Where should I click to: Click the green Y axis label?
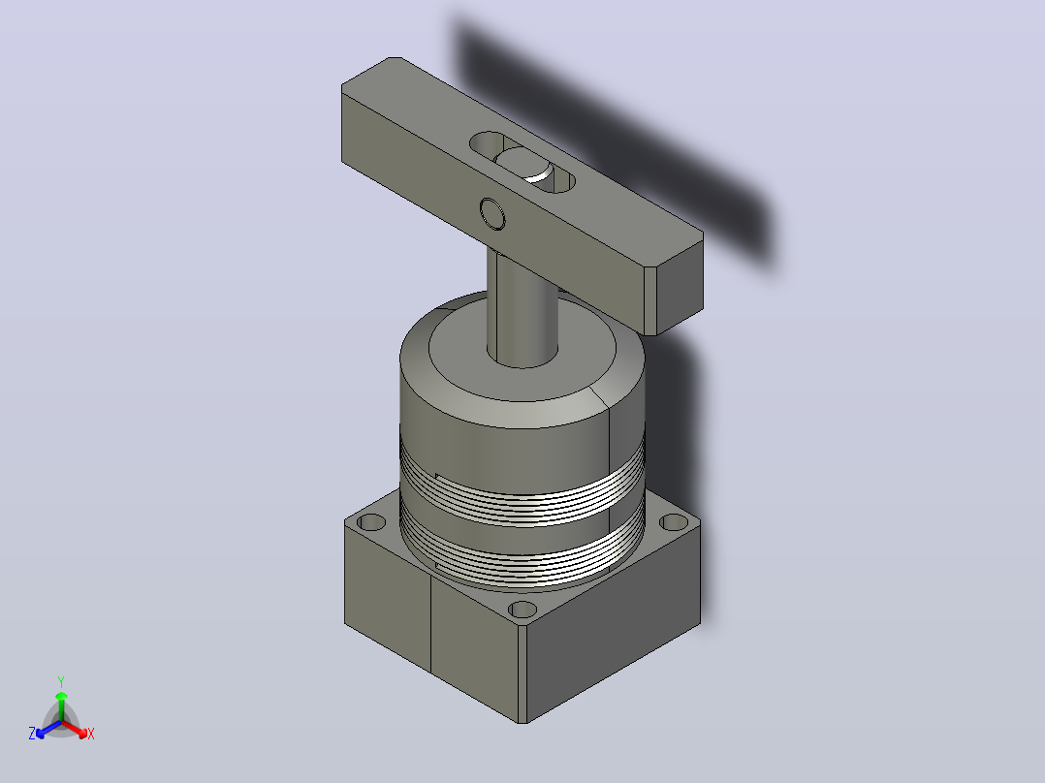pos(61,681)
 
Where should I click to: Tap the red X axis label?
pos(91,734)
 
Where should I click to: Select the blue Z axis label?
pos(32,733)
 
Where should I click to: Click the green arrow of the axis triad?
pos(61,705)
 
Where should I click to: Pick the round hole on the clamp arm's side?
pos(492,214)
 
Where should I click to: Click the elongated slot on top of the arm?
pos(522,162)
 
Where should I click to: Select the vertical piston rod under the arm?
pos(522,306)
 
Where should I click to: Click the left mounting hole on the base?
pos(372,521)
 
